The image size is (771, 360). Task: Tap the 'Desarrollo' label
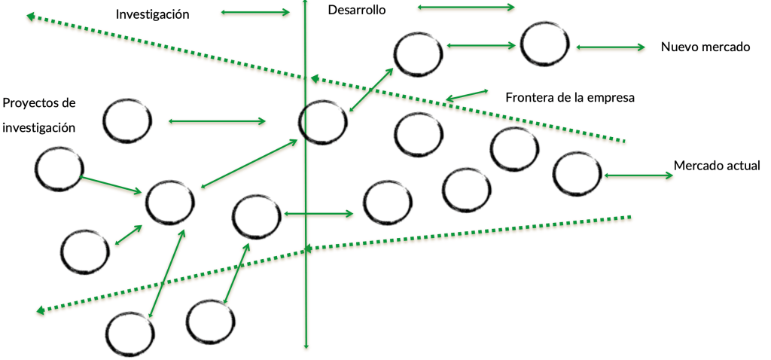(x=357, y=11)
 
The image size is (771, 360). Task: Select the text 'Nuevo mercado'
(x=705, y=47)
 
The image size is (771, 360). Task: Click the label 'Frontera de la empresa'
(x=571, y=97)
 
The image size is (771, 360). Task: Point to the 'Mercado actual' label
(x=717, y=166)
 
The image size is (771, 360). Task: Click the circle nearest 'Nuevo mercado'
(x=545, y=44)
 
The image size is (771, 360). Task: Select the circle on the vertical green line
(x=323, y=121)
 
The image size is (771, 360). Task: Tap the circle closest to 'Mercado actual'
(x=577, y=173)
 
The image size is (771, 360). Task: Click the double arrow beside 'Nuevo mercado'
(x=611, y=47)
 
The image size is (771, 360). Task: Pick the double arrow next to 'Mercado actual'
(x=638, y=175)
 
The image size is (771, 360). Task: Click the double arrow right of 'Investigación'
(x=256, y=12)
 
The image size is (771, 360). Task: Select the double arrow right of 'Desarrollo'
(x=465, y=8)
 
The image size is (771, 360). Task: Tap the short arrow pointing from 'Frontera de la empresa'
(x=466, y=95)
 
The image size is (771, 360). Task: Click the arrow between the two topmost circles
(x=482, y=46)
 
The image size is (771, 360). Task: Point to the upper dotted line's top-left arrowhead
(x=29, y=16)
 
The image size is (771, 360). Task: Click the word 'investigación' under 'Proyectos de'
(x=39, y=127)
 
